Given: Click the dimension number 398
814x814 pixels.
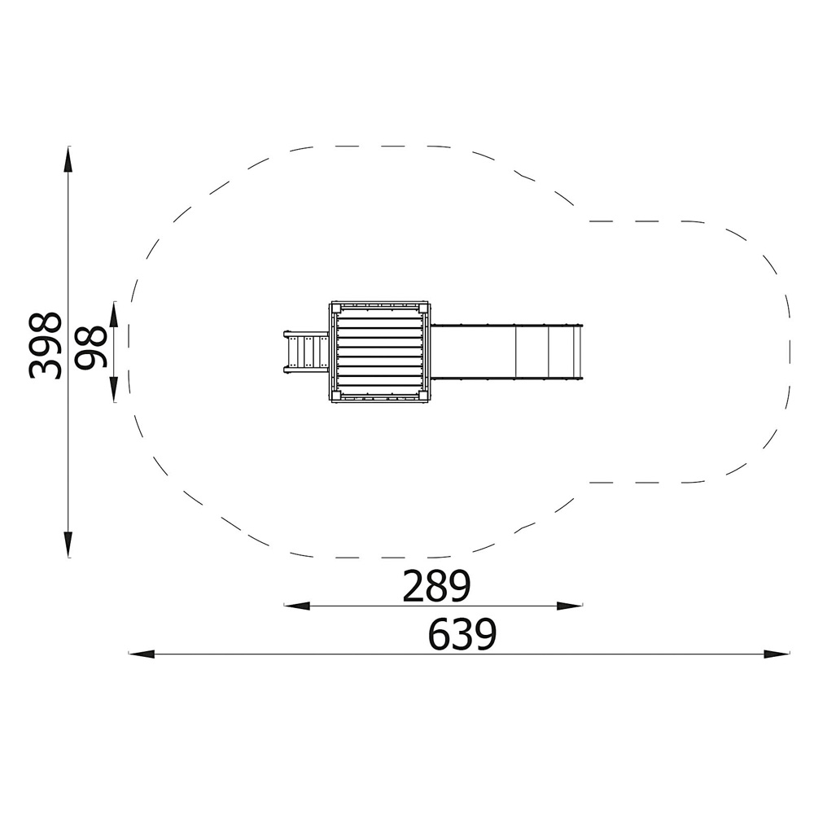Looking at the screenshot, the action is (x=45, y=346).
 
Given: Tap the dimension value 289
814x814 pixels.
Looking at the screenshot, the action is (x=436, y=586).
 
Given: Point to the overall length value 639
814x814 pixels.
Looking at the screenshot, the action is (x=462, y=634).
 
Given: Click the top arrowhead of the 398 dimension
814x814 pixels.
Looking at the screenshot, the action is (x=68, y=159).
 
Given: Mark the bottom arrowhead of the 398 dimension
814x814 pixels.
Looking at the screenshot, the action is (x=68, y=545).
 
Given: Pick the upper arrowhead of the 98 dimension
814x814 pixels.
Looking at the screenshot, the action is (x=114, y=314).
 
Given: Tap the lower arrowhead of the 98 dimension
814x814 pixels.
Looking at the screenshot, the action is (x=114, y=390).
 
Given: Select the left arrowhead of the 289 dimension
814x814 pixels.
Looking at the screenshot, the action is (x=297, y=606).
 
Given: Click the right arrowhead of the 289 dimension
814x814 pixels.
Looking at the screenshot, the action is (x=570, y=606).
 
